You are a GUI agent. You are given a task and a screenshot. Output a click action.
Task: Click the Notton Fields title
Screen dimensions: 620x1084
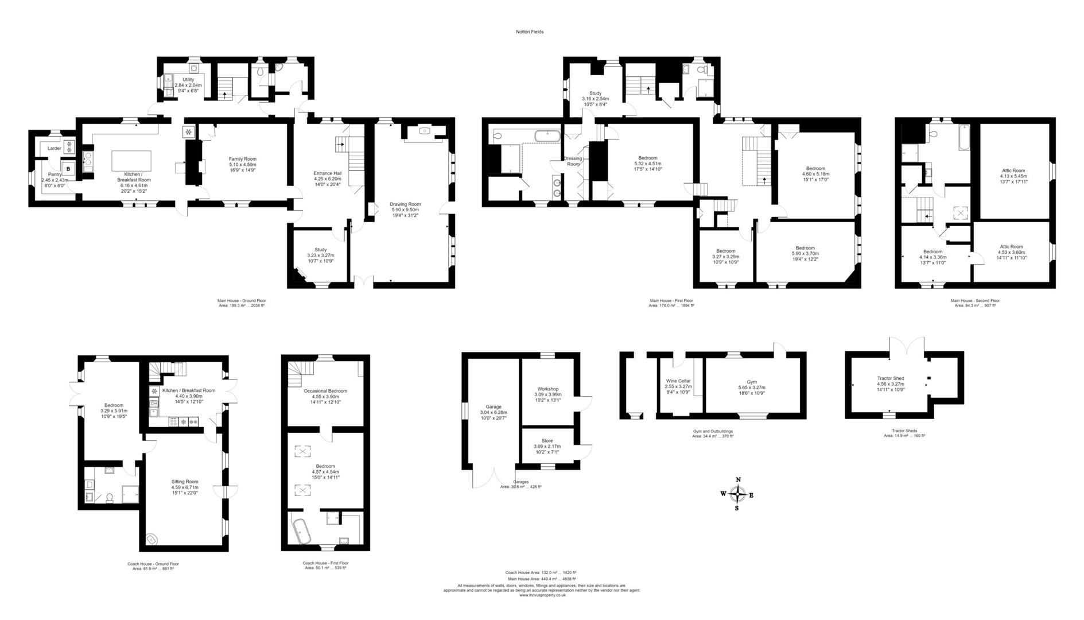(x=529, y=32)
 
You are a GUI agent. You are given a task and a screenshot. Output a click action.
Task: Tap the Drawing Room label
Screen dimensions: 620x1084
(x=405, y=204)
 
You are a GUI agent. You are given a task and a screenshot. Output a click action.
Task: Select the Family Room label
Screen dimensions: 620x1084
(x=243, y=159)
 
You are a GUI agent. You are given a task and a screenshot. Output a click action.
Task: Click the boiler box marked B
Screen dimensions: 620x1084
(x=68, y=169)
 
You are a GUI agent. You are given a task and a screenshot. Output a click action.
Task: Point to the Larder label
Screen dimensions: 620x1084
(x=54, y=149)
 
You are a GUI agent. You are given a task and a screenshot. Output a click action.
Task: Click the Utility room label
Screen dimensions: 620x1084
(x=188, y=80)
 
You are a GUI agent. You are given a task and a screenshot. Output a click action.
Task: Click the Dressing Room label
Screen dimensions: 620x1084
(x=573, y=161)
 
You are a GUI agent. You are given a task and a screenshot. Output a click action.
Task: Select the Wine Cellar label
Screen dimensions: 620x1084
(x=678, y=381)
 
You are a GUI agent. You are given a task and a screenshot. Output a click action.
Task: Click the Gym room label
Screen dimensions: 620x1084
(x=752, y=382)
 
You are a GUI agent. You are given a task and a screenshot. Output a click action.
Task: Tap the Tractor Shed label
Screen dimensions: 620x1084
(x=891, y=379)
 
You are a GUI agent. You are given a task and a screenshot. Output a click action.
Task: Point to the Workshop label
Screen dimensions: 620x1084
(x=548, y=389)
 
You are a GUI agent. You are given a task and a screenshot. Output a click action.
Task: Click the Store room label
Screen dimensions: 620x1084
(x=547, y=441)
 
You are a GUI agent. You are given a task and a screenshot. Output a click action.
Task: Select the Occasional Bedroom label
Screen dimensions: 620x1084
(x=325, y=391)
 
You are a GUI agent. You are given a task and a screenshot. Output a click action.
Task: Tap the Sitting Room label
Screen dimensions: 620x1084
(x=185, y=482)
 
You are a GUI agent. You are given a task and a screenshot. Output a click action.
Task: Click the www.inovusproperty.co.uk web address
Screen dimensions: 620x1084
(x=542, y=595)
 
